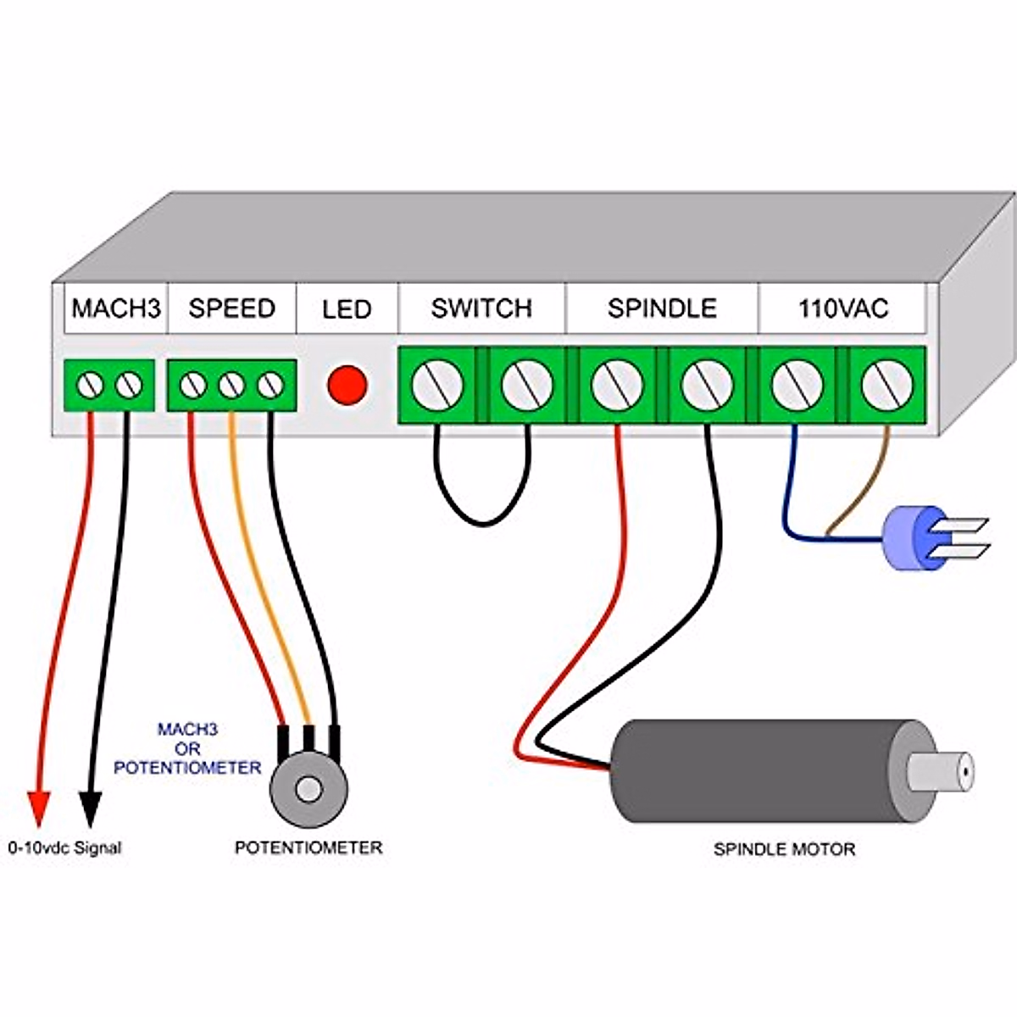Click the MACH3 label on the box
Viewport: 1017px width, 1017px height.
(116, 308)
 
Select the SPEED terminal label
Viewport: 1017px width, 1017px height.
(231, 308)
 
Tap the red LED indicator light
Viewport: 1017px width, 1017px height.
(347, 386)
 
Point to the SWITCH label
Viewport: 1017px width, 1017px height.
(481, 308)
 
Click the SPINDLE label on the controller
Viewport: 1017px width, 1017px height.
(662, 308)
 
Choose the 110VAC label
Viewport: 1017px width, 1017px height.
(842, 308)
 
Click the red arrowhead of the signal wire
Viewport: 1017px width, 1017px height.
(38, 807)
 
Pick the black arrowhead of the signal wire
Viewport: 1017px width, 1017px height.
(90, 807)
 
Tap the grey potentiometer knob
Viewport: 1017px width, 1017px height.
(309, 789)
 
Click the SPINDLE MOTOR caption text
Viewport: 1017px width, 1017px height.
(784, 849)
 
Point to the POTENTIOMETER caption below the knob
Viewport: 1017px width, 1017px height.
(308, 847)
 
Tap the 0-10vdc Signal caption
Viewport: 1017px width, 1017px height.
(65, 847)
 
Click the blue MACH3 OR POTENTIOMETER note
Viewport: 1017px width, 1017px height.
(187, 749)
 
